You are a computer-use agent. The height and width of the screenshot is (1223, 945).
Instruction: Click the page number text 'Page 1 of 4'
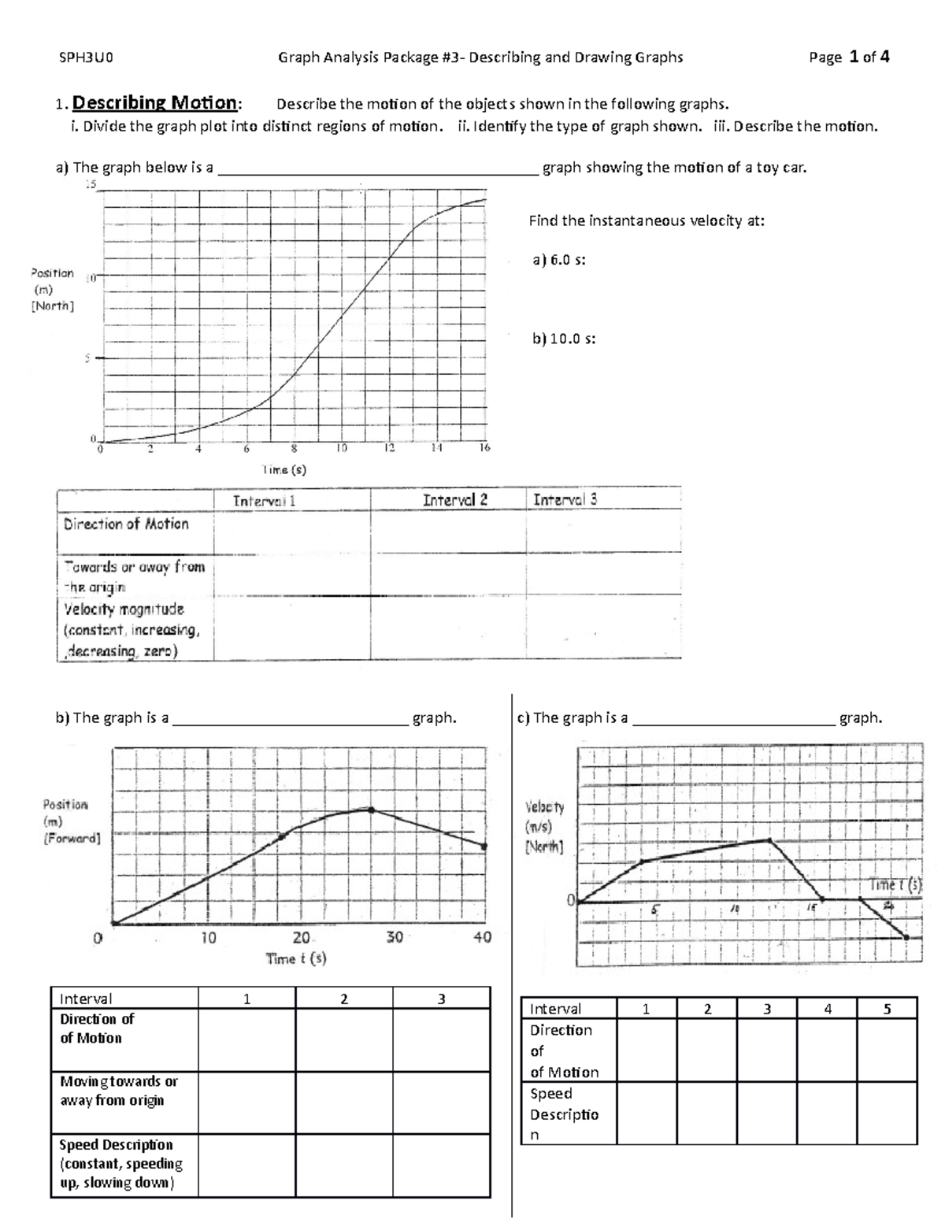[849, 57]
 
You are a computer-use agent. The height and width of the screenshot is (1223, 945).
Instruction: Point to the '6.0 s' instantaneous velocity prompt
[559, 261]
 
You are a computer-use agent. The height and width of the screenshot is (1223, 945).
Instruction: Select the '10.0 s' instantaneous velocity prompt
[564, 339]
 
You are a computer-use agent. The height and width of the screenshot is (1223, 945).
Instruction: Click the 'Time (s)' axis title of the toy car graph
[284, 469]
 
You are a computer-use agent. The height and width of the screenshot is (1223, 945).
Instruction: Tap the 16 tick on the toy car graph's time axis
[484, 448]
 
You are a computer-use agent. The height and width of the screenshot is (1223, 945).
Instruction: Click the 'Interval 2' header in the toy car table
[454, 500]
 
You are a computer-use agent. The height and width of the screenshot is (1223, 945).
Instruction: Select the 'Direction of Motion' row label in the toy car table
[126, 524]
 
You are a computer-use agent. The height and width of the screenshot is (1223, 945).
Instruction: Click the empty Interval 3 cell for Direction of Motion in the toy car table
[602, 533]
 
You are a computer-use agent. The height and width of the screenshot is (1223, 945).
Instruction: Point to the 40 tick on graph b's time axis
[482, 937]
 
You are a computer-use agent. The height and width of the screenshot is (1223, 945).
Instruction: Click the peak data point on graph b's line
[370, 810]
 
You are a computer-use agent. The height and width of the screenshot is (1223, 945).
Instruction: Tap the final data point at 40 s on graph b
[484, 847]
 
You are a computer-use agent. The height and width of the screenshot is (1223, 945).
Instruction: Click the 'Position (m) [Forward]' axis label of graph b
[71, 821]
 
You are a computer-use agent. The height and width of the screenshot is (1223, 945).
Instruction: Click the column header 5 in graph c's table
[887, 1009]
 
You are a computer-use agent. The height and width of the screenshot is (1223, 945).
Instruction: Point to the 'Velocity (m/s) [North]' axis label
[544, 827]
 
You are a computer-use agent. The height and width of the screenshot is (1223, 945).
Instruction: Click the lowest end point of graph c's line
[906, 937]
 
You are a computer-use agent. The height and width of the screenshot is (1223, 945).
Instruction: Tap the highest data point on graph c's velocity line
[769, 840]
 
